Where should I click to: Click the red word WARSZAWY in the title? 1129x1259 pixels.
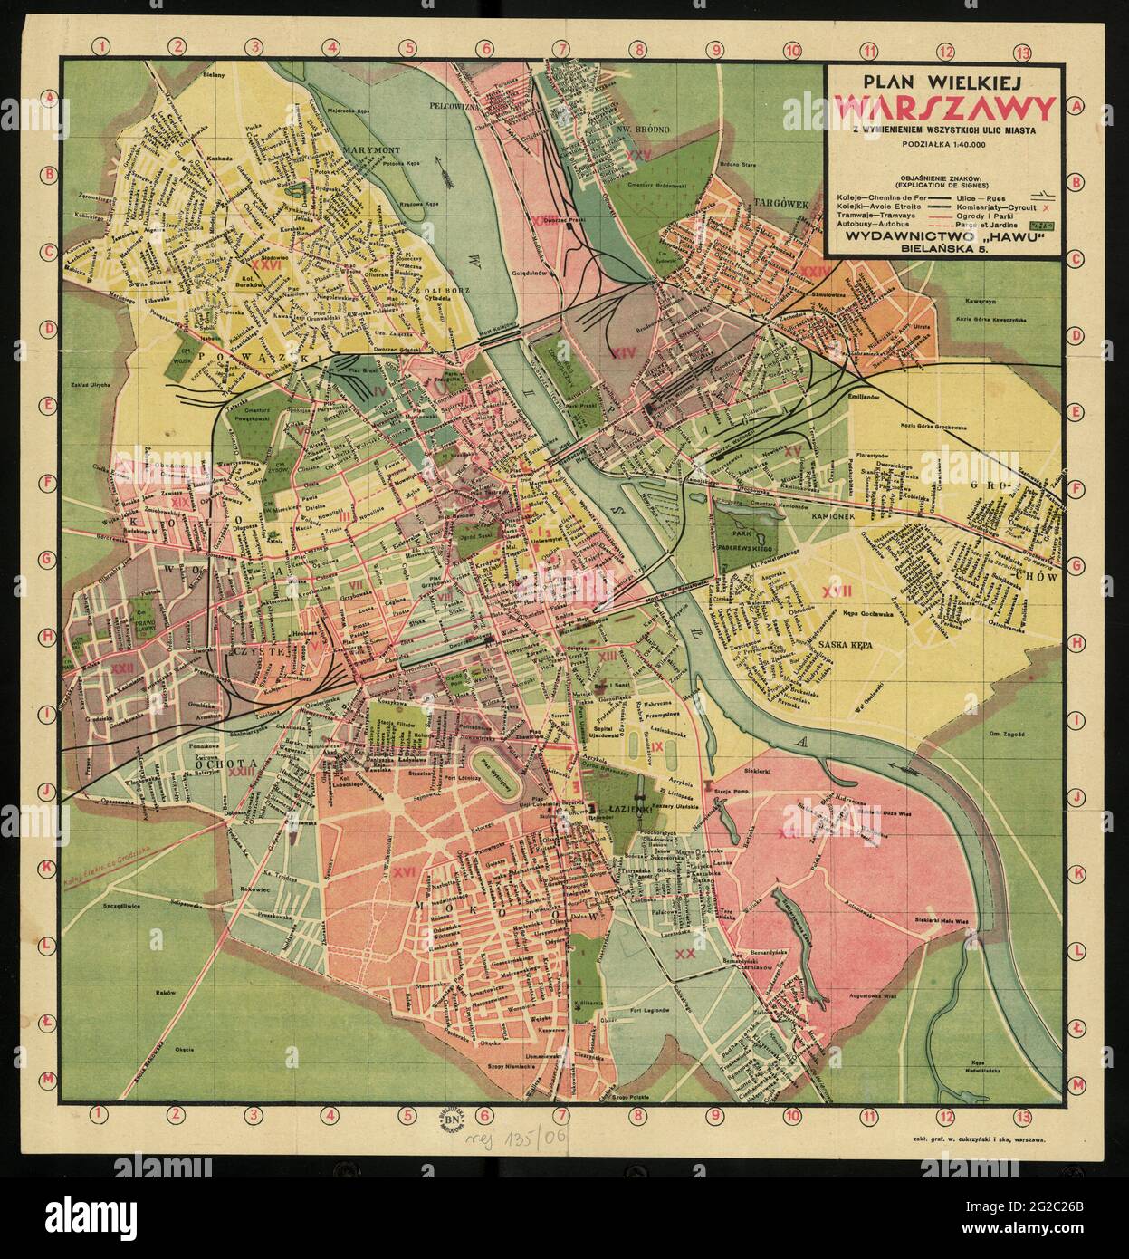tap(944, 109)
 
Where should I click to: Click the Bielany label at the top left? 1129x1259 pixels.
tap(214, 75)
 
